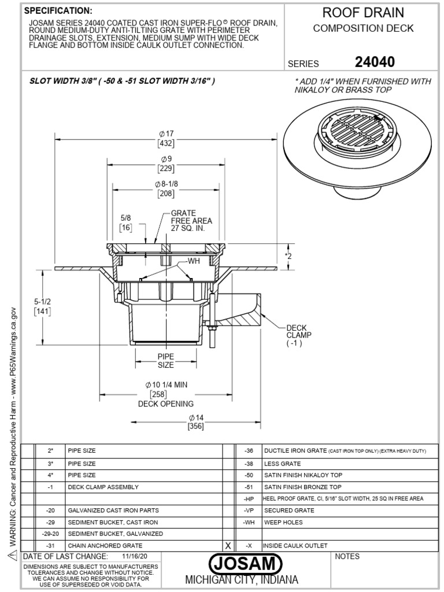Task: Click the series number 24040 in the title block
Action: tap(375, 61)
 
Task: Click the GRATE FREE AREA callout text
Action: tap(191, 221)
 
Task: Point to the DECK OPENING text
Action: tap(165, 404)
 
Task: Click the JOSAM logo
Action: tap(246, 563)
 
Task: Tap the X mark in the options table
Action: tap(228, 545)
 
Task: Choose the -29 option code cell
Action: tap(50, 522)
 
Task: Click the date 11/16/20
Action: tap(134, 556)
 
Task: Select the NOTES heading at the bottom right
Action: tap(347, 557)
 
